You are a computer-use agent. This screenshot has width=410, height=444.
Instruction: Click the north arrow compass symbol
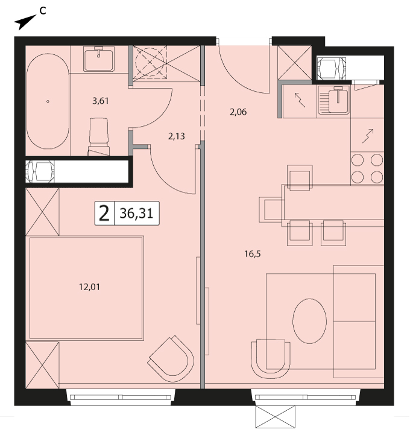point(25,22)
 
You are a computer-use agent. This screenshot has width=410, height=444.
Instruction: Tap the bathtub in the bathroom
point(48,101)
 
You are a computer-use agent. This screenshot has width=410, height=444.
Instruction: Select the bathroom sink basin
point(99,59)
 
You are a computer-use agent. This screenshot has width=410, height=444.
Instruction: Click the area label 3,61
point(101,101)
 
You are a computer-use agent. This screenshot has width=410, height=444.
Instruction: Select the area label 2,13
point(177,136)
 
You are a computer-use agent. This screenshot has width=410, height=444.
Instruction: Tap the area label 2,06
point(238,112)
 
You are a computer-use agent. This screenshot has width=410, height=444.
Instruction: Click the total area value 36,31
point(136,213)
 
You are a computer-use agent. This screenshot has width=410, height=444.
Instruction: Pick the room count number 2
point(104,214)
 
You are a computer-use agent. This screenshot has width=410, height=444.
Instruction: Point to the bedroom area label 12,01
point(89,287)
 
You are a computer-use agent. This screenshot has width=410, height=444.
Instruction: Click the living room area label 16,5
point(253,254)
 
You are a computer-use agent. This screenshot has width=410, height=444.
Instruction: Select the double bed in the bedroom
point(86,288)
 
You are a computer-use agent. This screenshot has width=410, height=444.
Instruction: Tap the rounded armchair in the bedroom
point(171,356)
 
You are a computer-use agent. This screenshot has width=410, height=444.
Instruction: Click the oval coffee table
point(309,321)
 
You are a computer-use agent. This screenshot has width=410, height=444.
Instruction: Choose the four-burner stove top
point(367,168)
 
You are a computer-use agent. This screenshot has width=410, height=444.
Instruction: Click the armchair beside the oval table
point(271,358)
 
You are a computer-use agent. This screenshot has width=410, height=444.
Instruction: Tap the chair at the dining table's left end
point(271,210)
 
